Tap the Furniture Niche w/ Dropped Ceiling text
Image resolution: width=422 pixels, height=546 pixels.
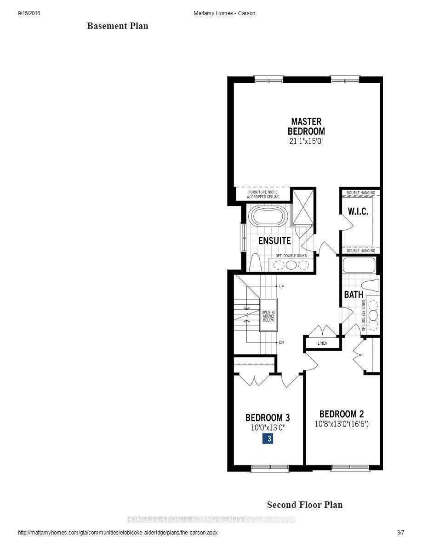(x=263, y=194)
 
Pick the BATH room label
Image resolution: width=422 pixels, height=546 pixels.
(x=354, y=295)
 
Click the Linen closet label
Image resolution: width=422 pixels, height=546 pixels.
(x=323, y=343)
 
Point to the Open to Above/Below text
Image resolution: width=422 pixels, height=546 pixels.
(x=268, y=316)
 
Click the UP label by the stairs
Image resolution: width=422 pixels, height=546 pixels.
(x=281, y=286)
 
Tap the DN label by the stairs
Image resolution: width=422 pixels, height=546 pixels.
(x=281, y=343)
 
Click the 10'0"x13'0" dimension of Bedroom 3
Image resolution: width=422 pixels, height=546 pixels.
(x=268, y=427)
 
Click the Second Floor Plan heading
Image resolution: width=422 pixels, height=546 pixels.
(x=305, y=505)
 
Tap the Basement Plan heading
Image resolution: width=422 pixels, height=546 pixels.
(x=118, y=26)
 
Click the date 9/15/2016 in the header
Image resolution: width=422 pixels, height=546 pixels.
(x=29, y=13)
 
